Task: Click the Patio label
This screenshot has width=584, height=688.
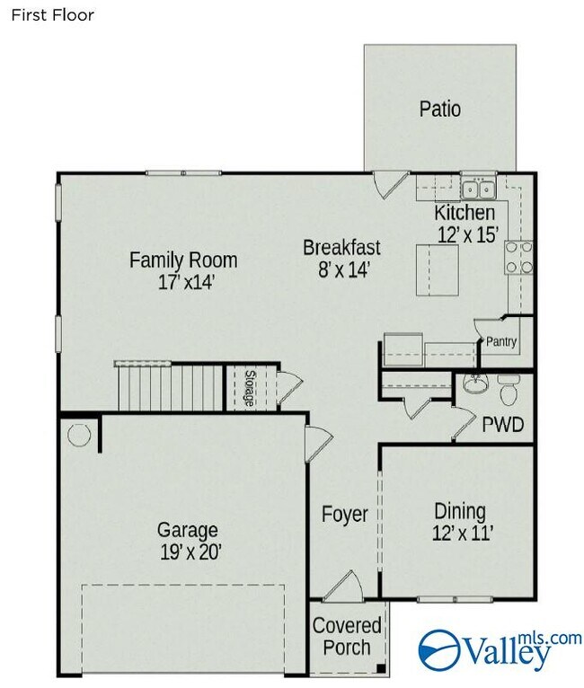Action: click(x=440, y=109)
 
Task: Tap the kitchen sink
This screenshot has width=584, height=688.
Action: click(x=478, y=190)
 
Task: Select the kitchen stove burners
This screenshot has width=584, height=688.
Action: click(x=519, y=257)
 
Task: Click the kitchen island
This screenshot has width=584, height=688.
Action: click(x=438, y=270)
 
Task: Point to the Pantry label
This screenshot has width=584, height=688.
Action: click(x=501, y=341)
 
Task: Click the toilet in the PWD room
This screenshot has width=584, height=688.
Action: click(x=509, y=390)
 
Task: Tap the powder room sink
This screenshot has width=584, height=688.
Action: click(x=476, y=384)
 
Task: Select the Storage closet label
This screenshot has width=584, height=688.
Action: click(x=250, y=388)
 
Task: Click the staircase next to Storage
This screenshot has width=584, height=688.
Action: click(x=170, y=386)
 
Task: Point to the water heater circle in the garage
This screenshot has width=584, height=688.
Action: click(x=79, y=435)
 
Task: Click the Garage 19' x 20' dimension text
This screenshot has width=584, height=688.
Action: click(x=189, y=552)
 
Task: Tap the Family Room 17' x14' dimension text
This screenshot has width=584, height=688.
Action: click(x=186, y=282)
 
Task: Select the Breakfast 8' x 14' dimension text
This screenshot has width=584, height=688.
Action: click(x=344, y=269)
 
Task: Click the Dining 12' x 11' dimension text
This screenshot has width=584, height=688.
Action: click(x=463, y=534)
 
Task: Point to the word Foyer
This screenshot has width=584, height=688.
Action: click(x=344, y=515)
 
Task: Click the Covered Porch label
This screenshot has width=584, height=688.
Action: click(x=347, y=636)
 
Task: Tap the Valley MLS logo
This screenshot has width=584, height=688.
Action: click(x=500, y=648)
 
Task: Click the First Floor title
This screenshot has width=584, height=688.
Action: click(x=52, y=15)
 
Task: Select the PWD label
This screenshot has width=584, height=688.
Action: click(x=503, y=425)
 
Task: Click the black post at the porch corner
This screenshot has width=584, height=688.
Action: click(x=381, y=669)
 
